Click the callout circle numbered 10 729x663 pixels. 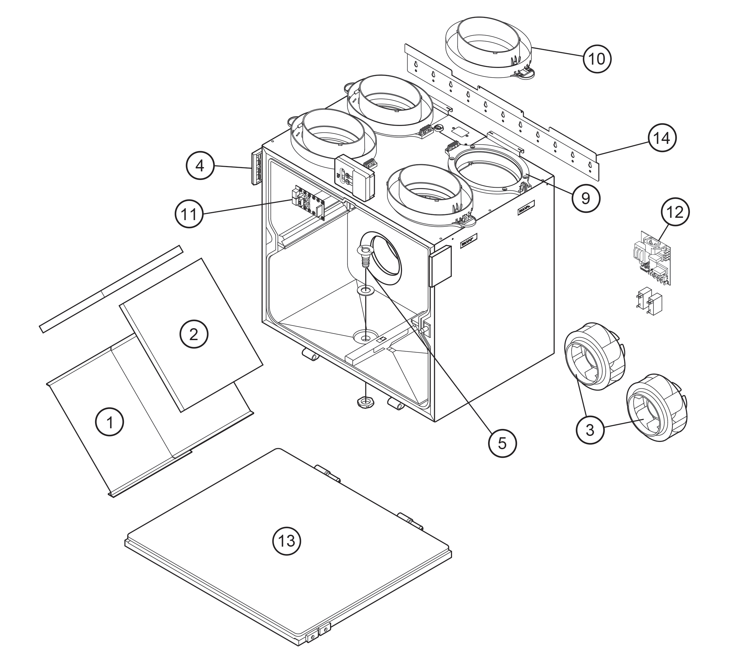pos(597,58)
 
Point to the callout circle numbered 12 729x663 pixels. pos(675,212)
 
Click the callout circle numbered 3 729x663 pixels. pos(590,430)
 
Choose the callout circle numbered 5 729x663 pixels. pos(502,444)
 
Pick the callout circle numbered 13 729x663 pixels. pos(286,541)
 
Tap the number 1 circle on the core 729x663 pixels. pos(110,422)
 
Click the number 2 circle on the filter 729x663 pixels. pos(194,334)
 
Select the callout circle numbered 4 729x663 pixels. pos(200,166)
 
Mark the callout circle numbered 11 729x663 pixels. pos(189,214)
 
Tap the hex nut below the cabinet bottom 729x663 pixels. pos(366,402)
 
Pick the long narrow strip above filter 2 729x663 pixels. pos(111,289)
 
